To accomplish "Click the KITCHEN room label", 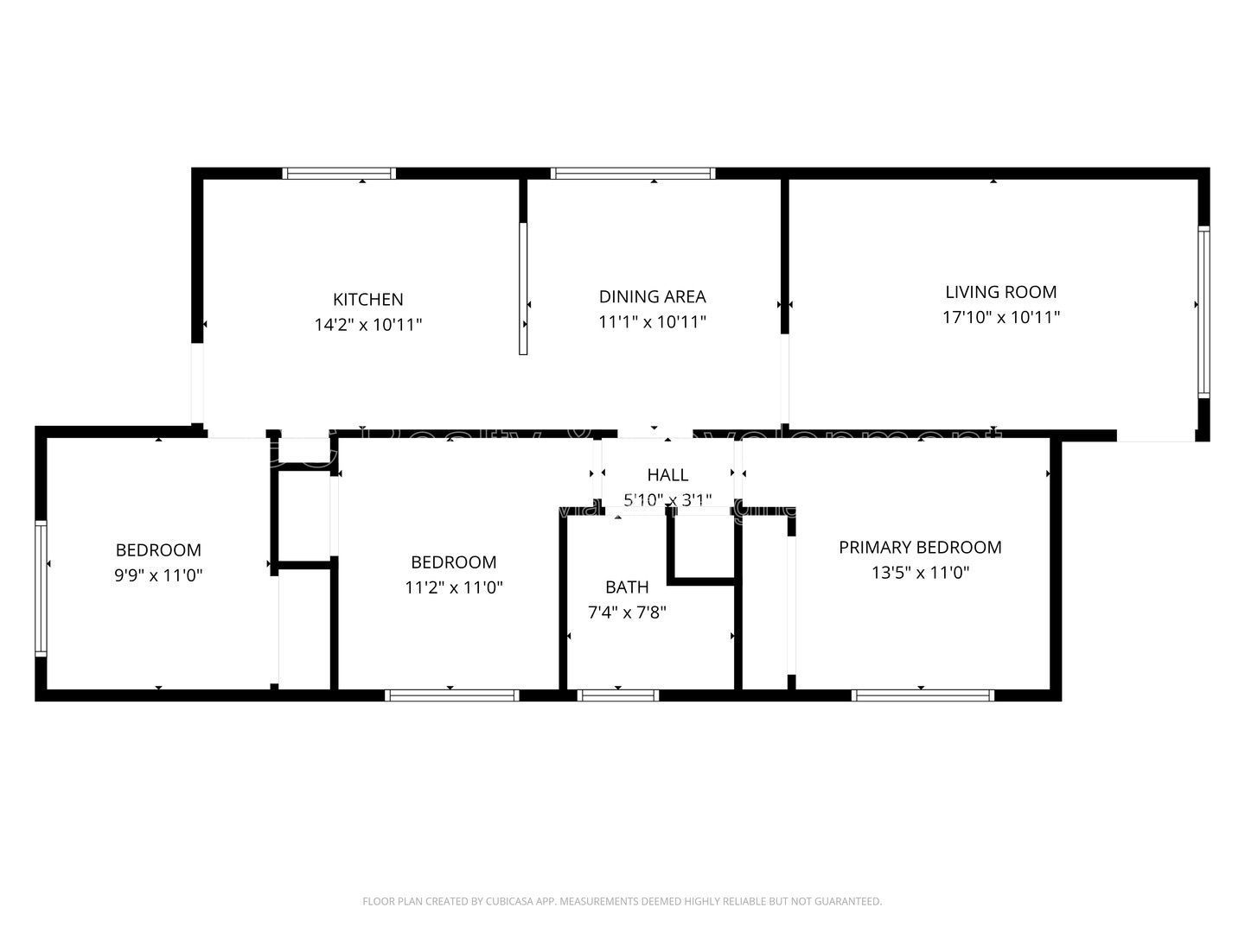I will coord(368,300).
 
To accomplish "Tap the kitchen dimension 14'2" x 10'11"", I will coord(368,326).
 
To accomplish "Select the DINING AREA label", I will coord(652,297).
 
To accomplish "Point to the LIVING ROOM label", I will coord(1000,292).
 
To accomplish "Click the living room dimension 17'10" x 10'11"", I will coord(1000,317).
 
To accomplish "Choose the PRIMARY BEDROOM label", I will coord(920,547).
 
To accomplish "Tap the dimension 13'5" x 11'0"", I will coord(920,572).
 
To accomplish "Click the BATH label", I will coord(627,587).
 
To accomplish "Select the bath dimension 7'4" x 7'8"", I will coord(627,613).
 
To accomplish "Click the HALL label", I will coord(667,474).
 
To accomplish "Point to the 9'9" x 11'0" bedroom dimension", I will coord(158,575).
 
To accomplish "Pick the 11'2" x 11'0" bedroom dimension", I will coord(454,587).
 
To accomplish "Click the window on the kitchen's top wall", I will coord(339,174).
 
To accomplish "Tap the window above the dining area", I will coord(633,174).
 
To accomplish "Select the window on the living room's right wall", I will coord(1203,311).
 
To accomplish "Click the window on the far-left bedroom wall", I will coord(40,587).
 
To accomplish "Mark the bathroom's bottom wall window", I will coord(617,695).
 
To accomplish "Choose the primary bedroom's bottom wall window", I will coord(923,695).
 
